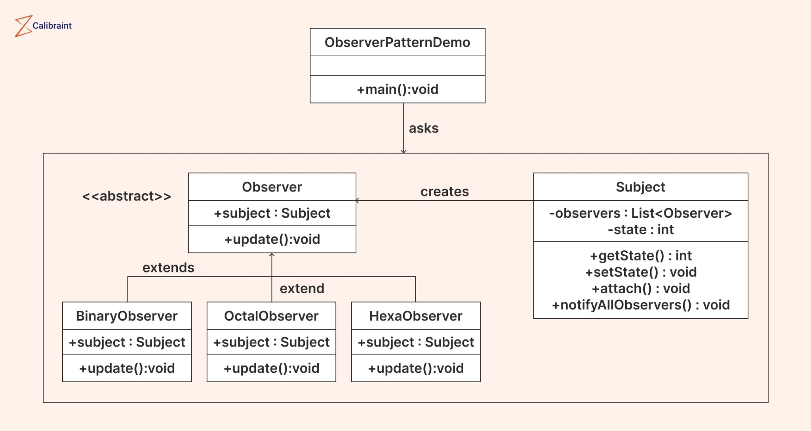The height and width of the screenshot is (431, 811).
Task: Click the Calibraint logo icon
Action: pos(23,26)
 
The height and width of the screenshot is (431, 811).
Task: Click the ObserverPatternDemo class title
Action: pos(397,42)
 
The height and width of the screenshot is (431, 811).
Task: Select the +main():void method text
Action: pos(397,90)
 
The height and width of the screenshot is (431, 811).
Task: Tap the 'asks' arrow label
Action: pos(423,128)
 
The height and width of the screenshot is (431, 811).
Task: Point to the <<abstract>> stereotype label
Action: pos(126,196)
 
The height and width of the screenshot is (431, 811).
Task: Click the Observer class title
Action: pos(272,187)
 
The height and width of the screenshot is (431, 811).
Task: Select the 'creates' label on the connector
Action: pos(444,192)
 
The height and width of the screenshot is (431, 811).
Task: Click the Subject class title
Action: pos(640,187)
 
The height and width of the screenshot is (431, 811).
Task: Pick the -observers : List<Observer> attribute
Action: pos(640,213)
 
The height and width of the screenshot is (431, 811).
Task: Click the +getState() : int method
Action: pos(640,256)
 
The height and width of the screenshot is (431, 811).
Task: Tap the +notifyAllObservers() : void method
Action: pos(640,305)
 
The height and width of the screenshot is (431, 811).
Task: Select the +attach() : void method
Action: pos(640,289)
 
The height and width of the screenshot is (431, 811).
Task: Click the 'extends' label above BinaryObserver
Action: pos(168,268)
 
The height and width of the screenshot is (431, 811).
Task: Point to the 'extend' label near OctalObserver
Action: pos(302,289)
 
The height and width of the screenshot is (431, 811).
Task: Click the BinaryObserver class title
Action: pos(127,316)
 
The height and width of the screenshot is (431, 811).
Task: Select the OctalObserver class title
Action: pos(271,316)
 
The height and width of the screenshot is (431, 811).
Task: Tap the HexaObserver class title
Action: pos(415,316)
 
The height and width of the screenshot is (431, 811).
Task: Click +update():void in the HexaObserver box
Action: pos(415,368)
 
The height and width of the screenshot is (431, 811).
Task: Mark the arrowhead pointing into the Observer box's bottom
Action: pos(272,255)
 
